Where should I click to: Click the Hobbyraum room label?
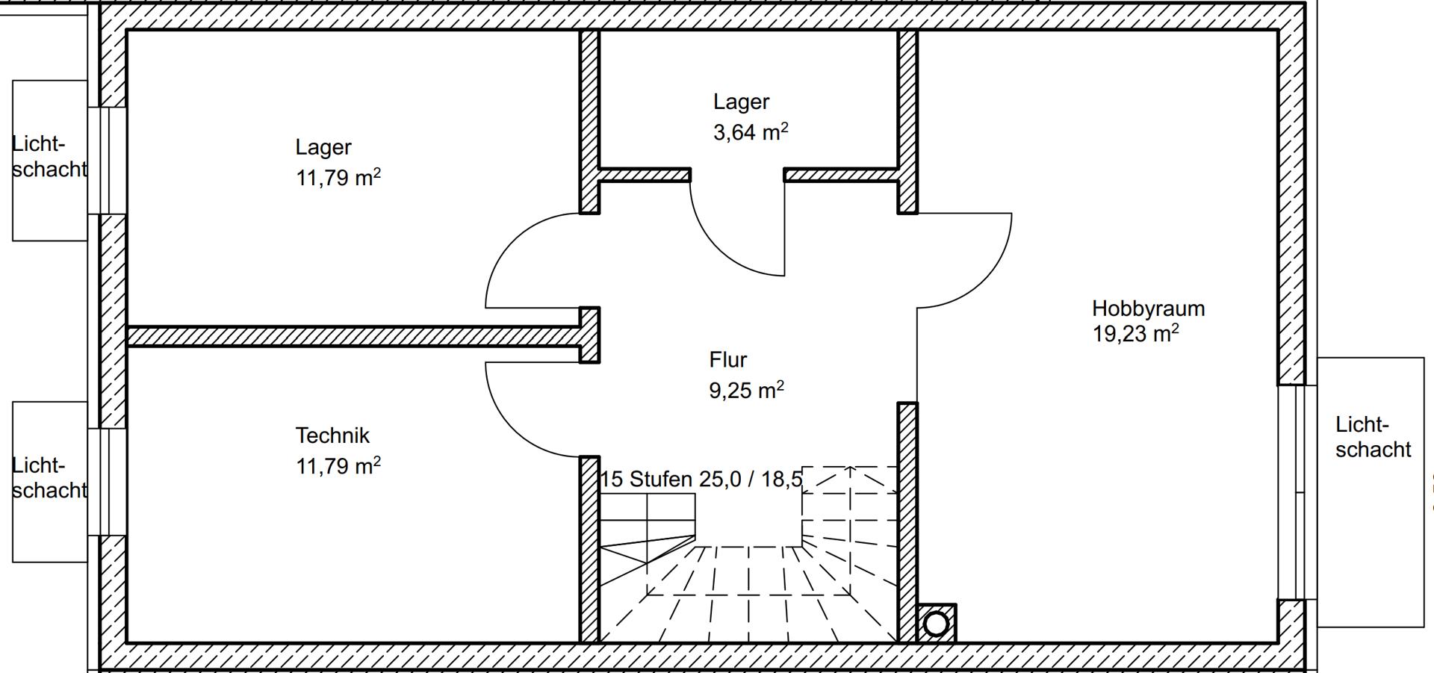click(x=1148, y=308)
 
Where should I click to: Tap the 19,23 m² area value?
click(x=1135, y=333)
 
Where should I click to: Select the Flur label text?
click(x=727, y=360)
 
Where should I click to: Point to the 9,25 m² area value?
click(x=746, y=390)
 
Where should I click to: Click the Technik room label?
click(x=332, y=435)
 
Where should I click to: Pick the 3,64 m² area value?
click(x=751, y=132)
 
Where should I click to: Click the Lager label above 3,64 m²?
click(x=741, y=102)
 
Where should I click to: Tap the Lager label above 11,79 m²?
click(x=323, y=147)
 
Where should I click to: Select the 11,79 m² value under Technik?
click(x=338, y=466)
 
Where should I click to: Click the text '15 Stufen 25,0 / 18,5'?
click(x=701, y=479)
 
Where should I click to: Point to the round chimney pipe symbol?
click(x=936, y=624)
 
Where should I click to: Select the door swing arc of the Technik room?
click(x=513, y=429)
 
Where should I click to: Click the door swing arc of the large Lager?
click(x=513, y=241)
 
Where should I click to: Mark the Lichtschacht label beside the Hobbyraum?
click(x=1373, y=437)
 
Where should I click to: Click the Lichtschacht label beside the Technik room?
click(x=49, y=478)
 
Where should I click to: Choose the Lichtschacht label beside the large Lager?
click(x=49, y=157)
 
